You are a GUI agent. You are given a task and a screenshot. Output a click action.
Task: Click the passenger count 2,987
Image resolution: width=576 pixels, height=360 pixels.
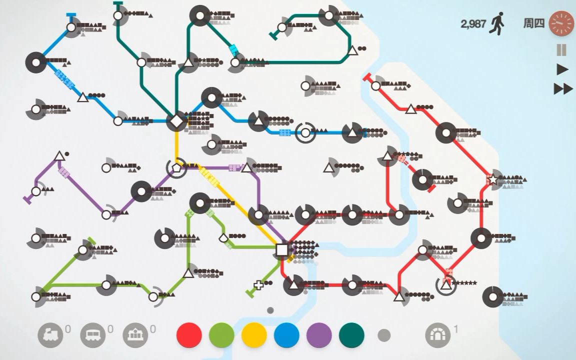coord(473,23)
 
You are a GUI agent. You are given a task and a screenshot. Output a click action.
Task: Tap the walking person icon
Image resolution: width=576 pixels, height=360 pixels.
coord(497,23)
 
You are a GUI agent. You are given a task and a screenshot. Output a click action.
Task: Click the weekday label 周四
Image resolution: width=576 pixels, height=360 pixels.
coord(533,23)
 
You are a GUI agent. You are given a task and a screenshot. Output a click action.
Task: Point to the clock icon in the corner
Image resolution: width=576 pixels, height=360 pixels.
coord(561,23)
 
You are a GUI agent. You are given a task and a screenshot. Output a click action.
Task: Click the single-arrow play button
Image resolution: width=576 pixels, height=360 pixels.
coord(562,69)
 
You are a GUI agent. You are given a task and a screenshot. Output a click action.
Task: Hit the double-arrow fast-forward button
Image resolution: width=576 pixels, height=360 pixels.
coord(563,89)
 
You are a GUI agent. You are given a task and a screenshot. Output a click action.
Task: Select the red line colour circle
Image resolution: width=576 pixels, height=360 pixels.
coord(189,335)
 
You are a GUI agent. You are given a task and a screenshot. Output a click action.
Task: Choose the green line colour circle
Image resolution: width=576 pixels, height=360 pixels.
coord(221,335)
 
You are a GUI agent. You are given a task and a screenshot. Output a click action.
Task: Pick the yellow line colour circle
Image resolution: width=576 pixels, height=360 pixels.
coord(254,335)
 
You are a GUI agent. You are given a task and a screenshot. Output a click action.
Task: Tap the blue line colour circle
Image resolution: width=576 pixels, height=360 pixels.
coord(286,335)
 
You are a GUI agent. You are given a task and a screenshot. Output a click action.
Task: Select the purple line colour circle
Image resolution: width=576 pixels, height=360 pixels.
coord(319,335)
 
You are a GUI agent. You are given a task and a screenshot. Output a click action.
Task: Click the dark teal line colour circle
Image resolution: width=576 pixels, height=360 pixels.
coord(351,335)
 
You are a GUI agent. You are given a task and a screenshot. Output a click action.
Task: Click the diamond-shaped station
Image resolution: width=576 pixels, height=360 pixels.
coord(176,121)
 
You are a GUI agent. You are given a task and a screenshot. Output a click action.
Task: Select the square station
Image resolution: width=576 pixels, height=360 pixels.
coord(282,249)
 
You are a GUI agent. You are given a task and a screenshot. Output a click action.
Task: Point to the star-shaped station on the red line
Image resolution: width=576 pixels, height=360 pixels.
coord(493,179)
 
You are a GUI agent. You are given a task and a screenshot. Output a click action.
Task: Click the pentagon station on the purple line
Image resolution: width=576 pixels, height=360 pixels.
coord(176,167)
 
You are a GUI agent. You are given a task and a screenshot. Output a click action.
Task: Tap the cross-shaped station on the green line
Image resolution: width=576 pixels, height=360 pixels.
coord(258,285)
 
